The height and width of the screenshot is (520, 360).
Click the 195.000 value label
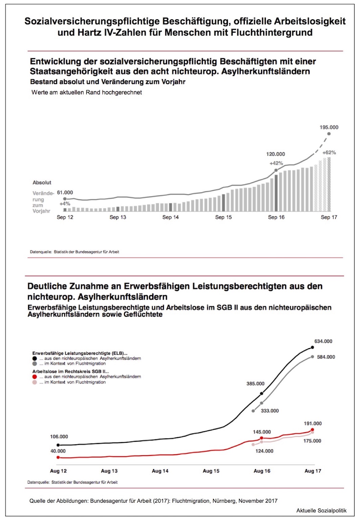point(329,127)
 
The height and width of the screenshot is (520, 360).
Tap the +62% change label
point(329,153)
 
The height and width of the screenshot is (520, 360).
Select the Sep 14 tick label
point(170,217)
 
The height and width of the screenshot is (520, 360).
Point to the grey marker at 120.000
point(276,170)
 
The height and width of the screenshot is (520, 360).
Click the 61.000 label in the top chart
point(65,193)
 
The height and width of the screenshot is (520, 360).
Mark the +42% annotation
point(276,163)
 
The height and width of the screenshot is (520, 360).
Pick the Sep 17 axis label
point(329,217)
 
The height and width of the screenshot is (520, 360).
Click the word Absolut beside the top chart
point(42,182)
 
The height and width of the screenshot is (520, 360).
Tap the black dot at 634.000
point(312,347)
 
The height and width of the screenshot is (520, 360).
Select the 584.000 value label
point(326,357)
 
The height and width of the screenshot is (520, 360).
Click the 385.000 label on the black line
point(255,384)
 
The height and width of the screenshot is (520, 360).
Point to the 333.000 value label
point(270,411)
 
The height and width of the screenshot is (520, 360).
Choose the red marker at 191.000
point(312,430)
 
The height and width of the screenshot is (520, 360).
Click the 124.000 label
point(264,451)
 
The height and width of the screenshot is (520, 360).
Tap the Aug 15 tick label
point(211,471)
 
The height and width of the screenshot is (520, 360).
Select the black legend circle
point(35,358)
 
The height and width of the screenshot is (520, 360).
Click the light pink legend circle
point(35,382)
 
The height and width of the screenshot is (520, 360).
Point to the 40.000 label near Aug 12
point(58,451)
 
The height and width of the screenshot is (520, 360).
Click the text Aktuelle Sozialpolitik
point(321,511)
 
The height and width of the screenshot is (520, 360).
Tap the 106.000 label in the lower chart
point(59,437)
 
